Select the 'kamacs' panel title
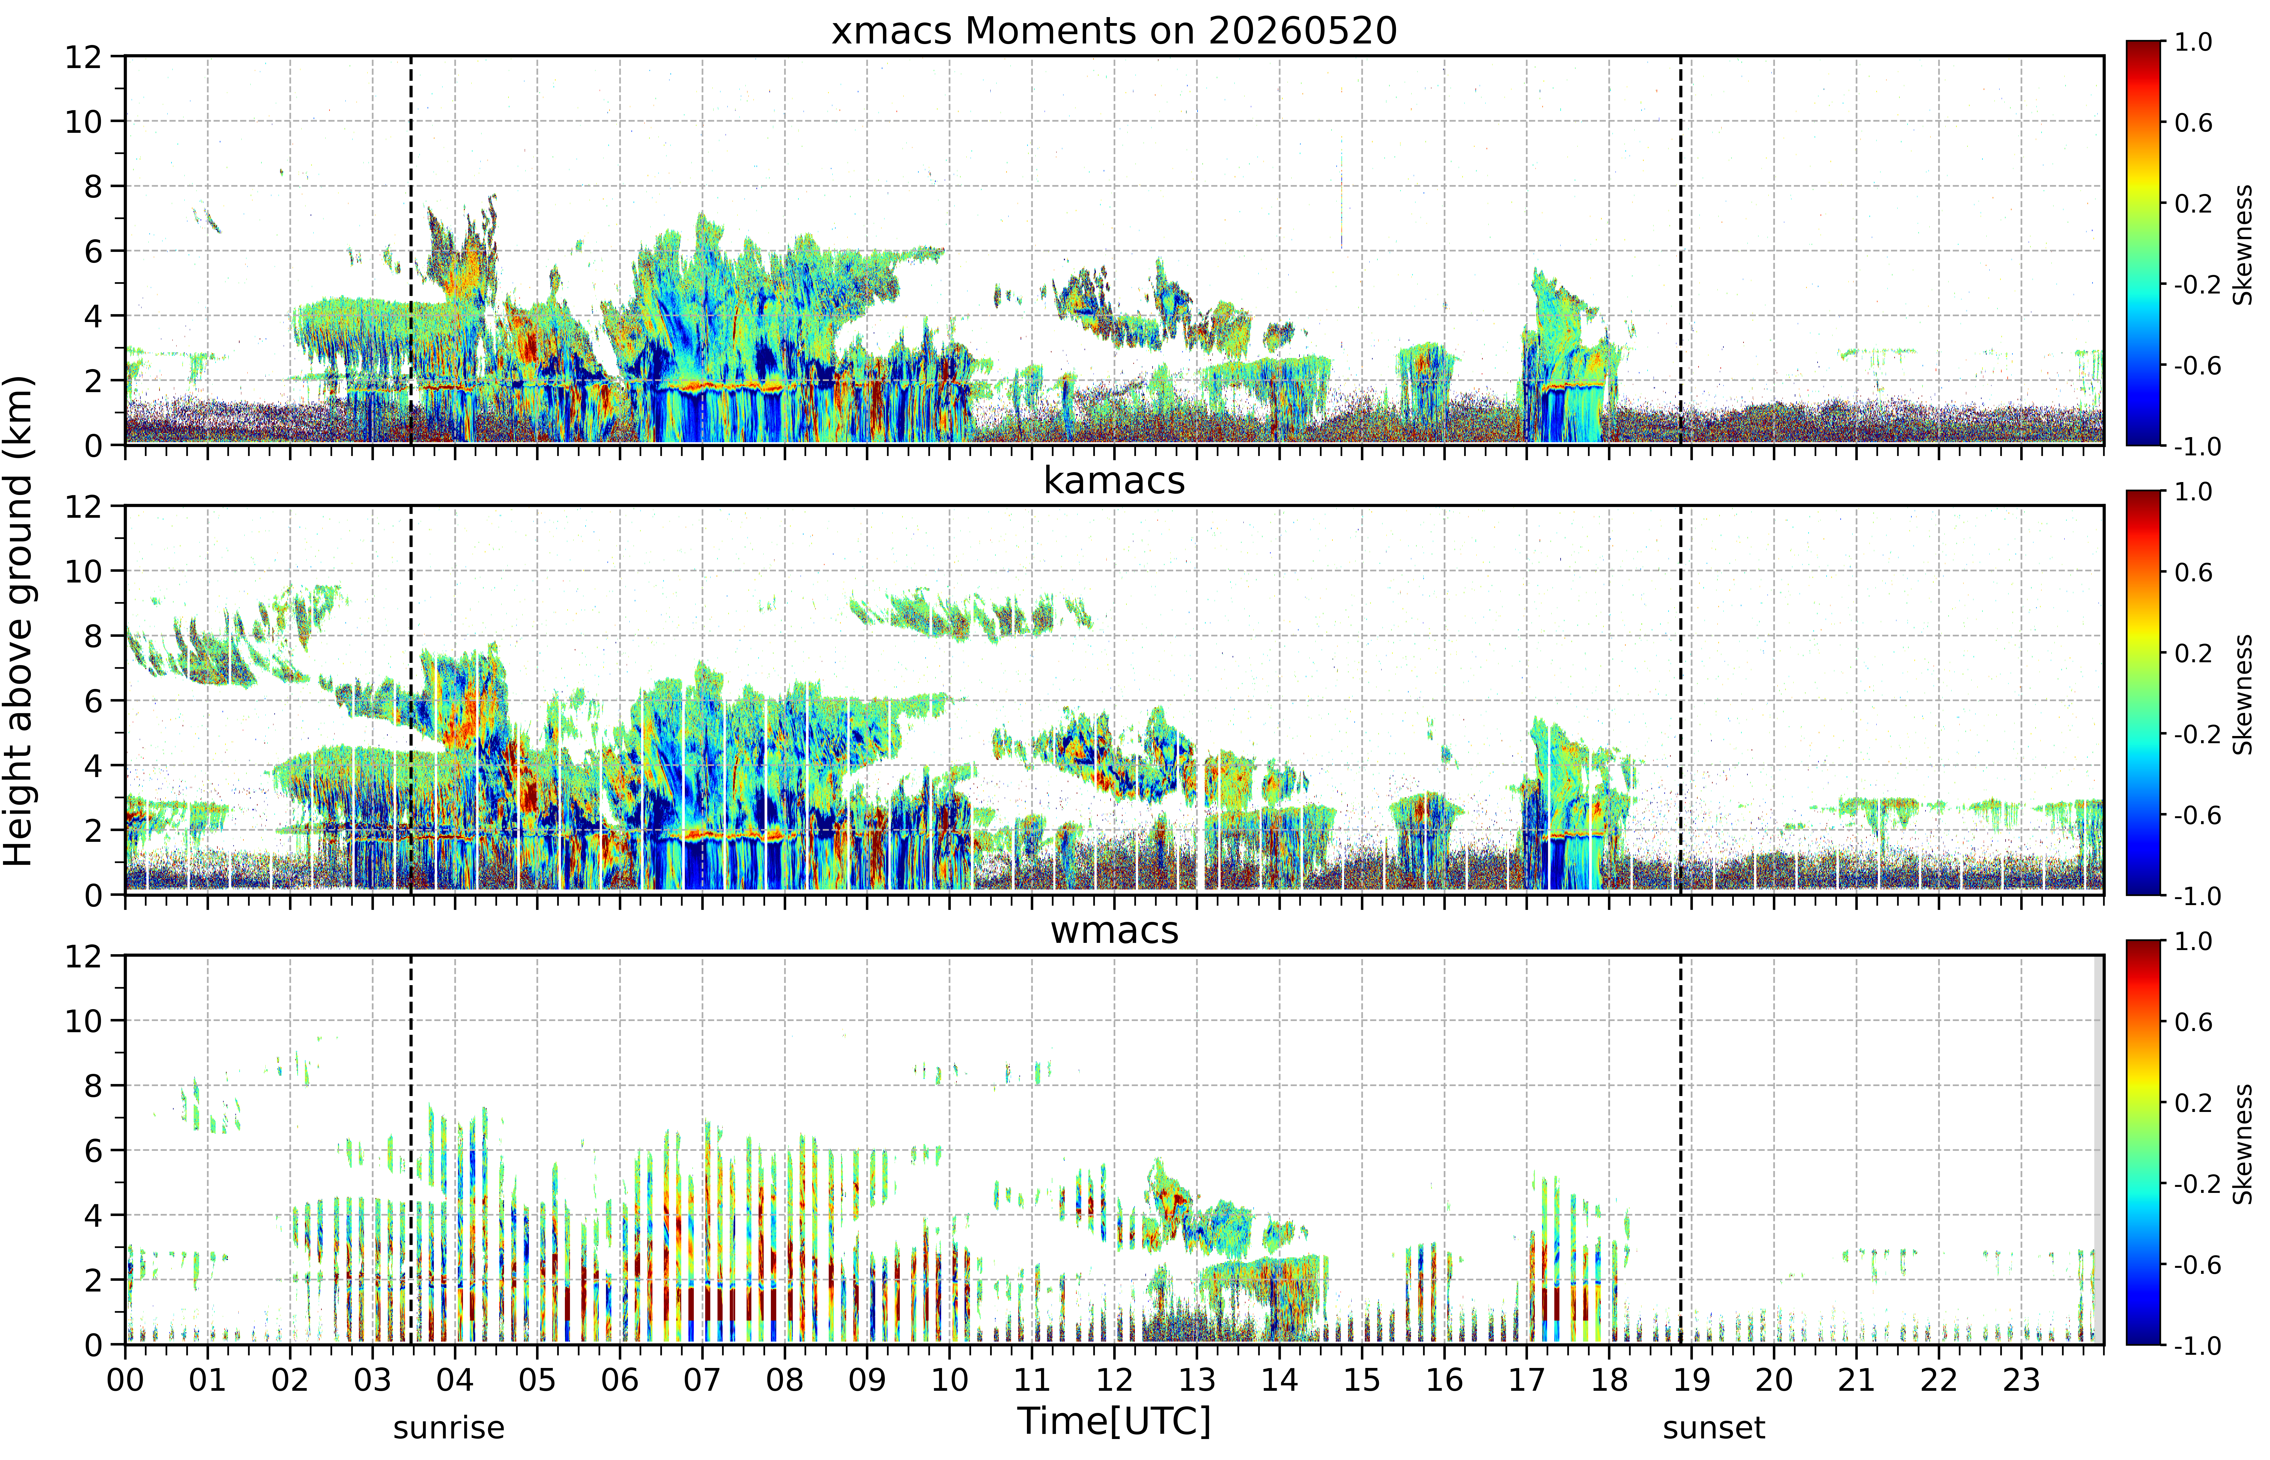[x=1114, y=481]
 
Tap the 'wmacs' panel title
[x=1114, y=930]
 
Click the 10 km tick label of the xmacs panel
[x=83, y=121]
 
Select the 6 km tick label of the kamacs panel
[x=93, y=701]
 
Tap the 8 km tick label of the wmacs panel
[x=93, y=1086]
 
